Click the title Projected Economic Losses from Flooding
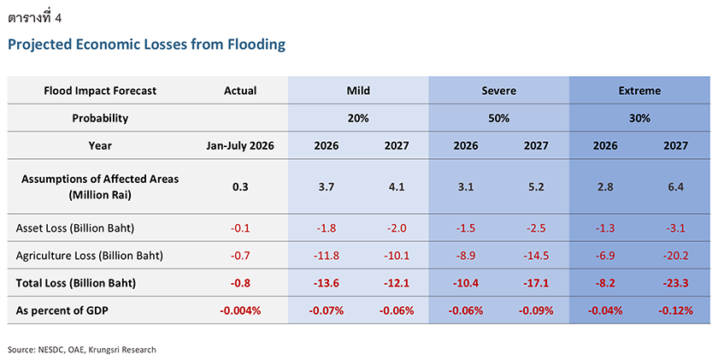tap(146, 44)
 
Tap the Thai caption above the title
tap(35, 18)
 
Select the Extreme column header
tap(639, 91)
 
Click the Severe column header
tap(498, 91)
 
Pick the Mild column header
tap(358, 91)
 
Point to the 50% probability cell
tap(498, 118)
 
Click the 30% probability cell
tap(639, 118)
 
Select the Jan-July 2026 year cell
tap(240, 145)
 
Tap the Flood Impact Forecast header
tap(100, 91)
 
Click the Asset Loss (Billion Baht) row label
tap(75, 228)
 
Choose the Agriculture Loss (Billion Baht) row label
tap(89, 256)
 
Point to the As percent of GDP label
tap(62, 310)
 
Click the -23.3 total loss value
tap(676, 283)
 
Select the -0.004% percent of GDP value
tap(240, 310)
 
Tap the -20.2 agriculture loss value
tap(676, 256)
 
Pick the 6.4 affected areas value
tap(676, 187)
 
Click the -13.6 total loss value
tap(327, 283)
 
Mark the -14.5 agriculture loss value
tap(536, 256)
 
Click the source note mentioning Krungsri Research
tap(82, 350)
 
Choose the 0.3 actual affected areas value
tap(240, 187)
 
